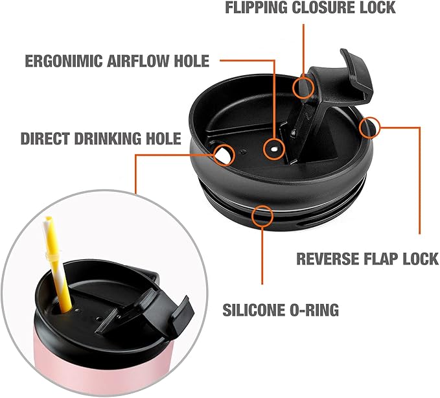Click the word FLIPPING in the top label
257,8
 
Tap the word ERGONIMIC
64,61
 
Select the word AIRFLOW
138,61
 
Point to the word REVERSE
327,259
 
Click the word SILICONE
253,310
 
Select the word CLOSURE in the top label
323,8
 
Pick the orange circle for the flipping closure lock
293,88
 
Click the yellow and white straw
56,261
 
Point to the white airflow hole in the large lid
274,150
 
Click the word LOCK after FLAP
420,259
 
